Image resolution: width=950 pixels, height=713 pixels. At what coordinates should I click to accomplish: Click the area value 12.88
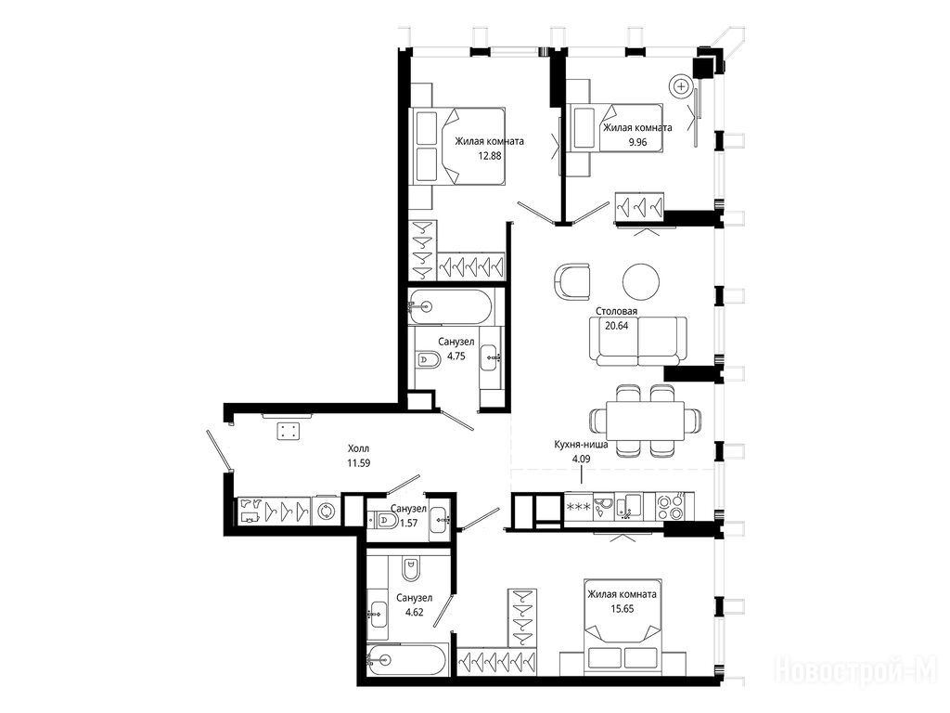490,155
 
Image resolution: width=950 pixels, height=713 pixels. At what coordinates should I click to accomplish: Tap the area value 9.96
638,142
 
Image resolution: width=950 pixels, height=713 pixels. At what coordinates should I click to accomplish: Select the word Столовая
616,311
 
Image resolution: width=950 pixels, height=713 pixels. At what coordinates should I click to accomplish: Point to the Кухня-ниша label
581,445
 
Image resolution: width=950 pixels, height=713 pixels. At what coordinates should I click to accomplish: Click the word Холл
358,448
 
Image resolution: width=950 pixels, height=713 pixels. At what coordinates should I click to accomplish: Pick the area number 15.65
622,609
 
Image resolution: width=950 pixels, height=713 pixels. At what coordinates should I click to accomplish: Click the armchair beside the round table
573,281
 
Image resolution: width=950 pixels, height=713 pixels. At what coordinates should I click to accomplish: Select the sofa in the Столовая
638,341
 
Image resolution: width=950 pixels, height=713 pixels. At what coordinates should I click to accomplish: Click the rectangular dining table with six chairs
646,421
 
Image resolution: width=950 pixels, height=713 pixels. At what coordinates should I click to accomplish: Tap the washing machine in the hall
327,511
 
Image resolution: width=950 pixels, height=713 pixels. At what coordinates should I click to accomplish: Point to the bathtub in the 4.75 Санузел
452,306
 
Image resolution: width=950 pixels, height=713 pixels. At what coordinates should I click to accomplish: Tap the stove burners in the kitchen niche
670,507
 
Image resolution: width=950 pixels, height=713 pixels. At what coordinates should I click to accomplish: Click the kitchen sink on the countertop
629,506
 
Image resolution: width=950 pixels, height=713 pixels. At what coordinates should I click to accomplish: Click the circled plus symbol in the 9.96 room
682,86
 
